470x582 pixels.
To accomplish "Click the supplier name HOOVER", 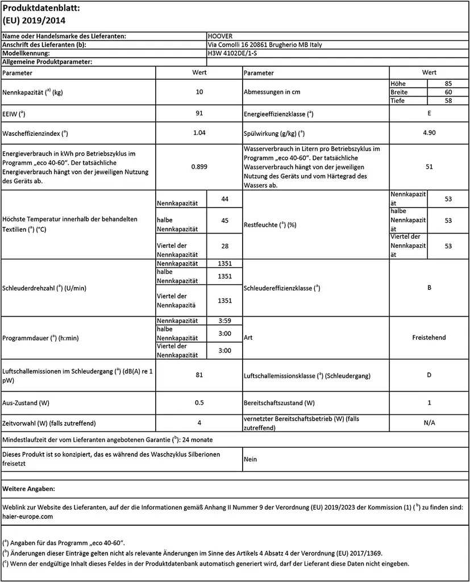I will [x=221, y=36].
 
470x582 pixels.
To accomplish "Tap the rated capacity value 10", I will [x=199, y=92].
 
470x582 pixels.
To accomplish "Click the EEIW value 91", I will [x=199, y=113].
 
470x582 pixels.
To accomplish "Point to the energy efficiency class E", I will [x=429, y=113].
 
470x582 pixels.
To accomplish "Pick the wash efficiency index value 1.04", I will [x=199, y=133].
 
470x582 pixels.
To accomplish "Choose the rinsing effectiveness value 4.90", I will [x=429, y=133].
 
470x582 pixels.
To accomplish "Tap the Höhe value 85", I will [x=448, y=83].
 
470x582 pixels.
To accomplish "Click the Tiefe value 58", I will [x=448, y=101].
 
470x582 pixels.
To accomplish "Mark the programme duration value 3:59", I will [x=224, y=320].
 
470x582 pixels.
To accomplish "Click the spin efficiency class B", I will [x=429, y=288].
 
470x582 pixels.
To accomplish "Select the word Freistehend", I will [x=429, y=337].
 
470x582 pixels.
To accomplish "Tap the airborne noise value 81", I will [x=199, y=375].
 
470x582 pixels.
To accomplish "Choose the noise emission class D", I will [x=429, y=375].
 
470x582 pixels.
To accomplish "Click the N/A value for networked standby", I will [x=429, y=423].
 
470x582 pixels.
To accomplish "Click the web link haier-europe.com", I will [x=28, y=517].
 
